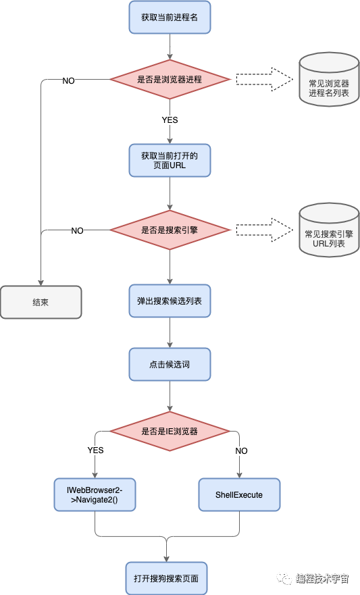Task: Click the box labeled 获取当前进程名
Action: (x=170, y=17)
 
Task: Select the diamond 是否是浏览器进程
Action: (x=170, y=79)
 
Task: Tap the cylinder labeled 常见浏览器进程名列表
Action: (x=329, y=79)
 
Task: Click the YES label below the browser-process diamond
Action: (x=170, y=120)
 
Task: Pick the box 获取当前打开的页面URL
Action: (x=170, y=160)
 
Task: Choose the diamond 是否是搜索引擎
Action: (x=170, y=230)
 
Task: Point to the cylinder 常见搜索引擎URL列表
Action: (x=329, y=230)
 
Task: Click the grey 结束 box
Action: (x=41, y=302)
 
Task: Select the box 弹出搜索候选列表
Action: (x=170, y=301)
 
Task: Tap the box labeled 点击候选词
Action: (x=170, y=364)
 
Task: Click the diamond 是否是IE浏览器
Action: (x=170, y=431)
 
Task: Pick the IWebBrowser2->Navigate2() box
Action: (x=95, y=494)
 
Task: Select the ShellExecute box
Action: (x=239, y=494)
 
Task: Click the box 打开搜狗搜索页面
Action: (x=166, y=578)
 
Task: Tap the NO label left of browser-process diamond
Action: (x=68, y=81)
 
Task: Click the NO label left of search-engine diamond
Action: (x=78, y=231)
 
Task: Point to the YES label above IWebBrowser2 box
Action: (x=95, y=450)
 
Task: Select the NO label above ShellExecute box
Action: (x=241, y=450)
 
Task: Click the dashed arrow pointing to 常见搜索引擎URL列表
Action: (x=265, y=230)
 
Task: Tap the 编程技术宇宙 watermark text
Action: (x=322, y=578)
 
